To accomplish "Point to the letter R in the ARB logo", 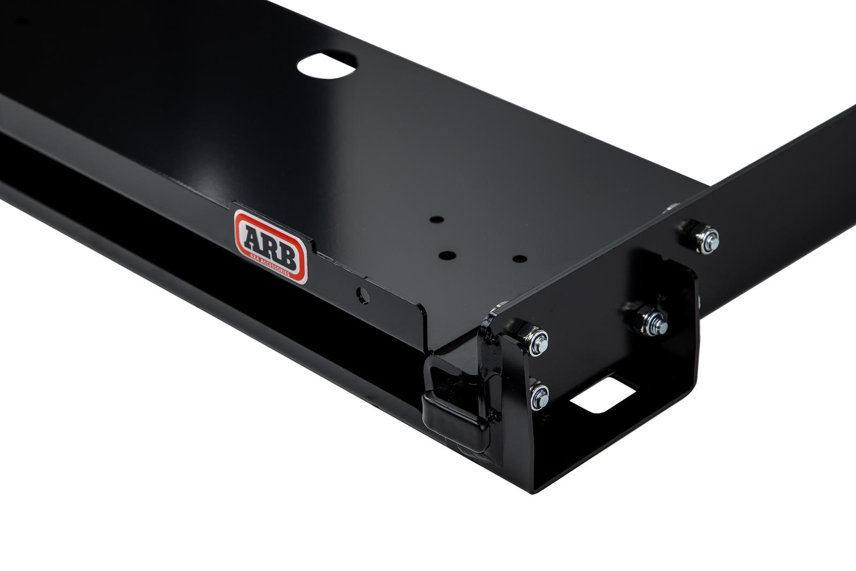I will pos(270,245).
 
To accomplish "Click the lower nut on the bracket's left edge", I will pos(539,396).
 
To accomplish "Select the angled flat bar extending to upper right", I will pos(776,177).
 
